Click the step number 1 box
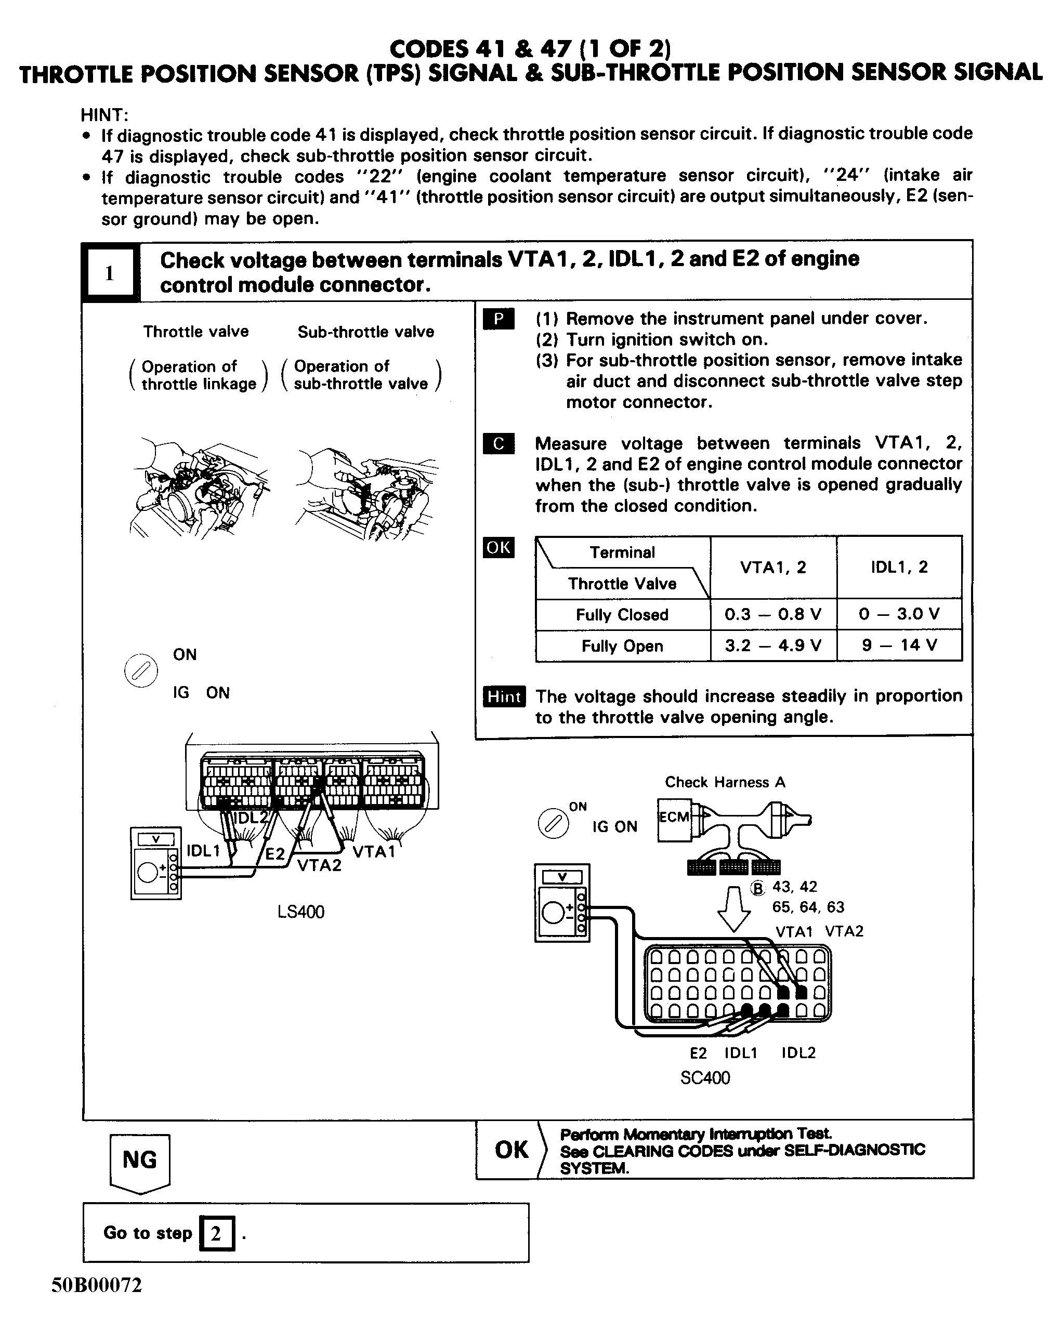click(109, 272)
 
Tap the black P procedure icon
click(499, 319)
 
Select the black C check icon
click(499, 443)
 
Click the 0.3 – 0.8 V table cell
click(773, 614)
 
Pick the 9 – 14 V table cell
click(899, 645)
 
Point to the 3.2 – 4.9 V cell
click(773, 645)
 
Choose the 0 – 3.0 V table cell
click(899, 614)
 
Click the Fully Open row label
click(622, 645)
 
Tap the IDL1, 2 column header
click(899, 566)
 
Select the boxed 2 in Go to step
click(216, 1233)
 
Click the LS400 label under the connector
click(300, 911)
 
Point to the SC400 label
click(704, 1077)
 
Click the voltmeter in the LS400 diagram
click(155, 863)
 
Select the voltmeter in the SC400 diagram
click(561, 903)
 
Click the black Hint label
click(504, 696)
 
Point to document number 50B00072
click(97, 1285)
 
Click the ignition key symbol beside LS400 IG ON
click(141, 670)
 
